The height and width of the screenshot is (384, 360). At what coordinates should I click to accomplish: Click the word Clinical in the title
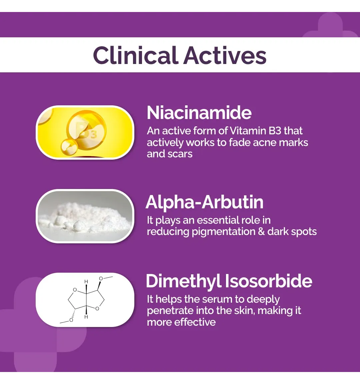pyautogui.click(x=135, y=55)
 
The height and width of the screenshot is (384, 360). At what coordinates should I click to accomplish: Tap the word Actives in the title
pyautogui.click(x=225, y=55)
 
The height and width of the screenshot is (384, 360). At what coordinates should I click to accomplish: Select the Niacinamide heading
pyautogui.click(x=199, y=113)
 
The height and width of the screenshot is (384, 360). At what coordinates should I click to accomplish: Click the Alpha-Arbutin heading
pyautogui.click(x=204, y=202)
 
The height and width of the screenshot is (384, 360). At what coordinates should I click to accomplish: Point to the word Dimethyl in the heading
pyautogui.click(x=184, y=281)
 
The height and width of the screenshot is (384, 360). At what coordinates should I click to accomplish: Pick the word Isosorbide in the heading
pyautogui.click(x=268, y=281)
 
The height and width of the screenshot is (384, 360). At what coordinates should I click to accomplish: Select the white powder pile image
pyautogui.click(x=85, y=216)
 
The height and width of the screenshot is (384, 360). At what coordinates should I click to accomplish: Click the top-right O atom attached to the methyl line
pyautogui.click(x=101, y=279)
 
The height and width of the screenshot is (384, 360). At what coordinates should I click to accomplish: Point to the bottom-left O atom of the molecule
pyautogui.click(x=71, y=320)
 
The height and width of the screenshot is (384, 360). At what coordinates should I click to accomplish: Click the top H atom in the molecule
pyautogui.click(x=86, y=282)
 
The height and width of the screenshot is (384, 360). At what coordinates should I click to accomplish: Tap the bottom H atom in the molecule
pyautogui.click(x=86, y=317)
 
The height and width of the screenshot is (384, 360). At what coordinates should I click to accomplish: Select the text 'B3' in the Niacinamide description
pyautogui.click(x=275, y=131)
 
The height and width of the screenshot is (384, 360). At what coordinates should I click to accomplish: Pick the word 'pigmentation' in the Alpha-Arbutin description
pyautogui.click(x=223, y=232)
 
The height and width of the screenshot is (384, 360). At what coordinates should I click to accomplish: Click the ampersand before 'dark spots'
pyautogui.click(x=261, y=231)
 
